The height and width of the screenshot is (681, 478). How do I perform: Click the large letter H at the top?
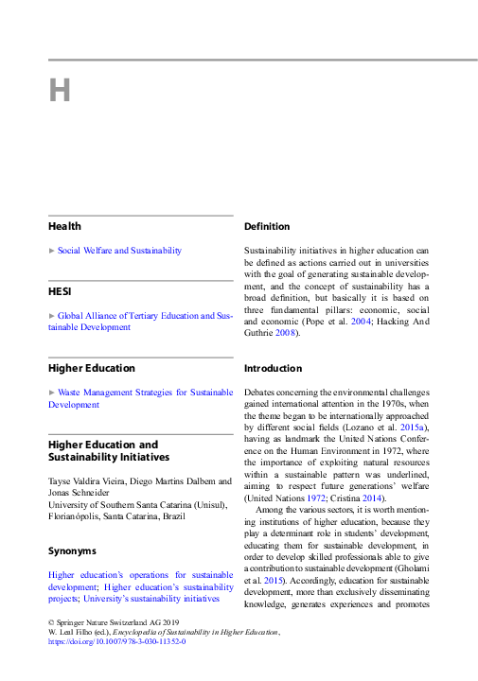coord(60,91)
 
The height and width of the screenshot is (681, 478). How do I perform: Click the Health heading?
coord(65,226)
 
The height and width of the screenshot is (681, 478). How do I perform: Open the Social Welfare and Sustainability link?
coord(119,251)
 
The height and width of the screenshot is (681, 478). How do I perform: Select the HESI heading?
coord(61,290)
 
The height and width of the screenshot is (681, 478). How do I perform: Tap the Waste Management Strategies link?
coord(140,392)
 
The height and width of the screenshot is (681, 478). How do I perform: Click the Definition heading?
coord(267,227)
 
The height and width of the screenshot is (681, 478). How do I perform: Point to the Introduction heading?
coord(272,367)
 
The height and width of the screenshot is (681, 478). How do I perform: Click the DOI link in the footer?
coord(116,641)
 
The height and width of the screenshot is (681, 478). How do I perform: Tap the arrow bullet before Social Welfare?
coord(52,251)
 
